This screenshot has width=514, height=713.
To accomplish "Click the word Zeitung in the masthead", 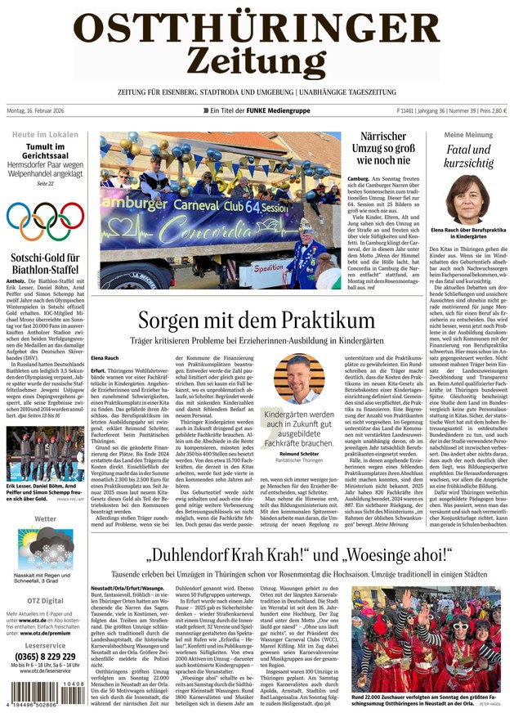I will [x=256, y=61].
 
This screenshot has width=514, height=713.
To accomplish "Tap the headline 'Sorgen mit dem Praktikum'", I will [x=255, y=321].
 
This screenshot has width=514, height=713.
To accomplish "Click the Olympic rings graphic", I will [x=44, y=221].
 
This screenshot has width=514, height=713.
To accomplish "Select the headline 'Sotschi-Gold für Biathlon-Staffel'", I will [x=44, y=262].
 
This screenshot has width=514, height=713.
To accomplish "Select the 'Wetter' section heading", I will [x=45, y=518].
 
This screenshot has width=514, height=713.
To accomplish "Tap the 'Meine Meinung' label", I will [x=467, y=135].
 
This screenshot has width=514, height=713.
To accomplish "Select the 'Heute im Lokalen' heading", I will [x=44, y=135].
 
